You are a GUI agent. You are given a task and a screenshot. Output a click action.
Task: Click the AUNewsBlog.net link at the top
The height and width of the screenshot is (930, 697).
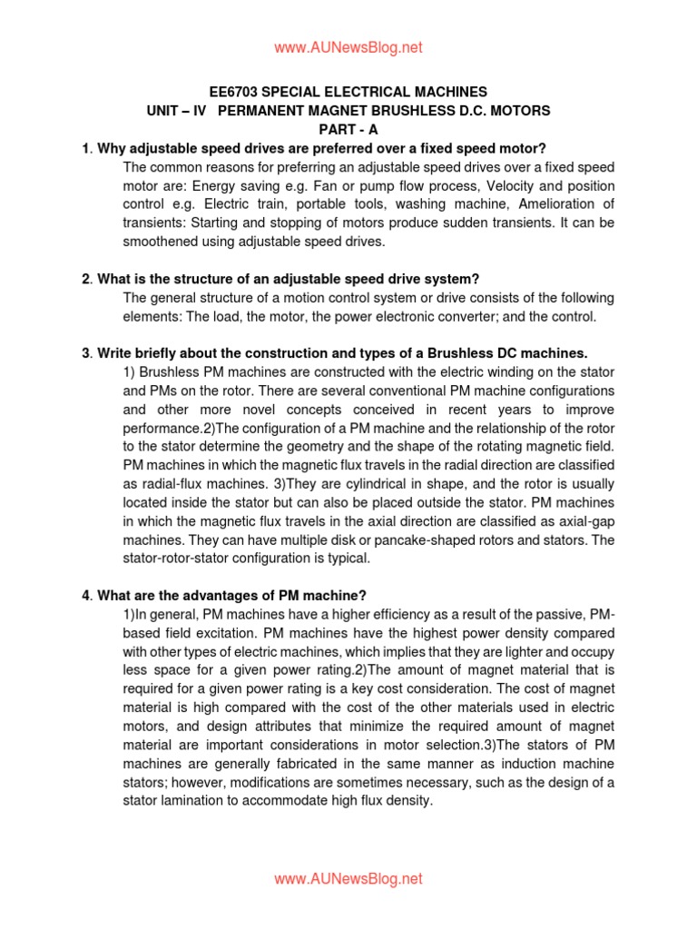[348, 47]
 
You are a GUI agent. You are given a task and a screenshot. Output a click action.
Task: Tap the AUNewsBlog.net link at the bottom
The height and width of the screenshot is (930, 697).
[348, 879]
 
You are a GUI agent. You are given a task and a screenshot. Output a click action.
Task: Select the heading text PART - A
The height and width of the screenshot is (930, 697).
[348, 130]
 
